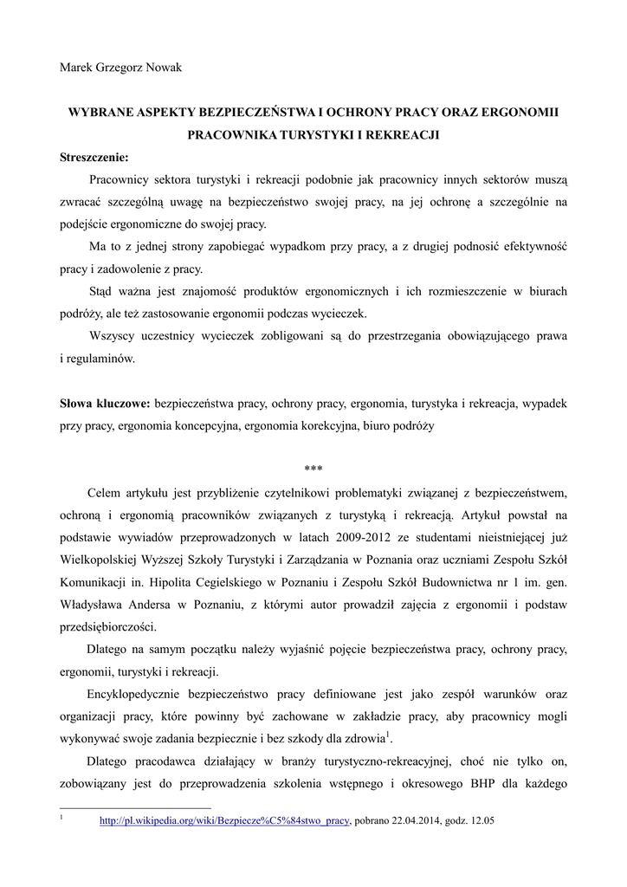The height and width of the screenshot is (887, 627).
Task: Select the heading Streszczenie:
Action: pyautogui.click(x=94, y=157)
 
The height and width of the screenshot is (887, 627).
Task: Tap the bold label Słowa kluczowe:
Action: pyautogui.click(x=105, y=404)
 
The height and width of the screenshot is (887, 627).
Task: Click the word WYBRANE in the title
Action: pyautogui.click(x=101, y=113)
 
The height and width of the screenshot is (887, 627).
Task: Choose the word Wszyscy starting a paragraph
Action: pyautogui.click(x=111, y=336)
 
